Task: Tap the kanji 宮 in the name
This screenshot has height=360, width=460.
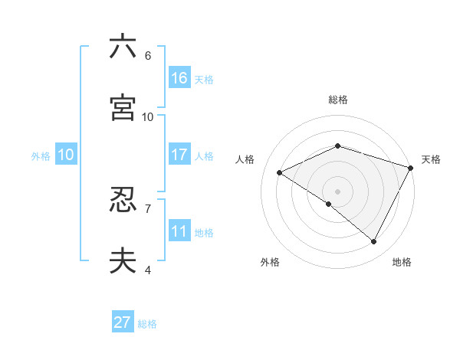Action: click(123, 108)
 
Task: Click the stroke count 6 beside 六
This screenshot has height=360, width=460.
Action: click(147, 56)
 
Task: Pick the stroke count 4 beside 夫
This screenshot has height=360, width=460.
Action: click(147, 270)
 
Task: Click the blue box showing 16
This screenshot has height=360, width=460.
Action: click(179, 78)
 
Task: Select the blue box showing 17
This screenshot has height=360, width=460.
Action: click(179, 155)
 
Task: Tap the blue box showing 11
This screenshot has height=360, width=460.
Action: click(179, 231)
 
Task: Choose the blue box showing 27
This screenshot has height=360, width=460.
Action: click(123, 322)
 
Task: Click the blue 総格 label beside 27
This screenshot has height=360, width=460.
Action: click(147, 324)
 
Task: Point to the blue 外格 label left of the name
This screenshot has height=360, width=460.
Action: click(41, 155)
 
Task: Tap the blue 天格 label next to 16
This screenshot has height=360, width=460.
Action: click(204, 79)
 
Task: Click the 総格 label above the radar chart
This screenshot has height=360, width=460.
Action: click(337, 100)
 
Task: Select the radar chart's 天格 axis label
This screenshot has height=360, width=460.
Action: click(431, 159)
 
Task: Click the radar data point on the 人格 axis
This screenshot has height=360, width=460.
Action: click(280, 173)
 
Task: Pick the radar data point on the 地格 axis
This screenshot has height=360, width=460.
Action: click(374, 242)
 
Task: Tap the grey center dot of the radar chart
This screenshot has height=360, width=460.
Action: click(337, 191)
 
